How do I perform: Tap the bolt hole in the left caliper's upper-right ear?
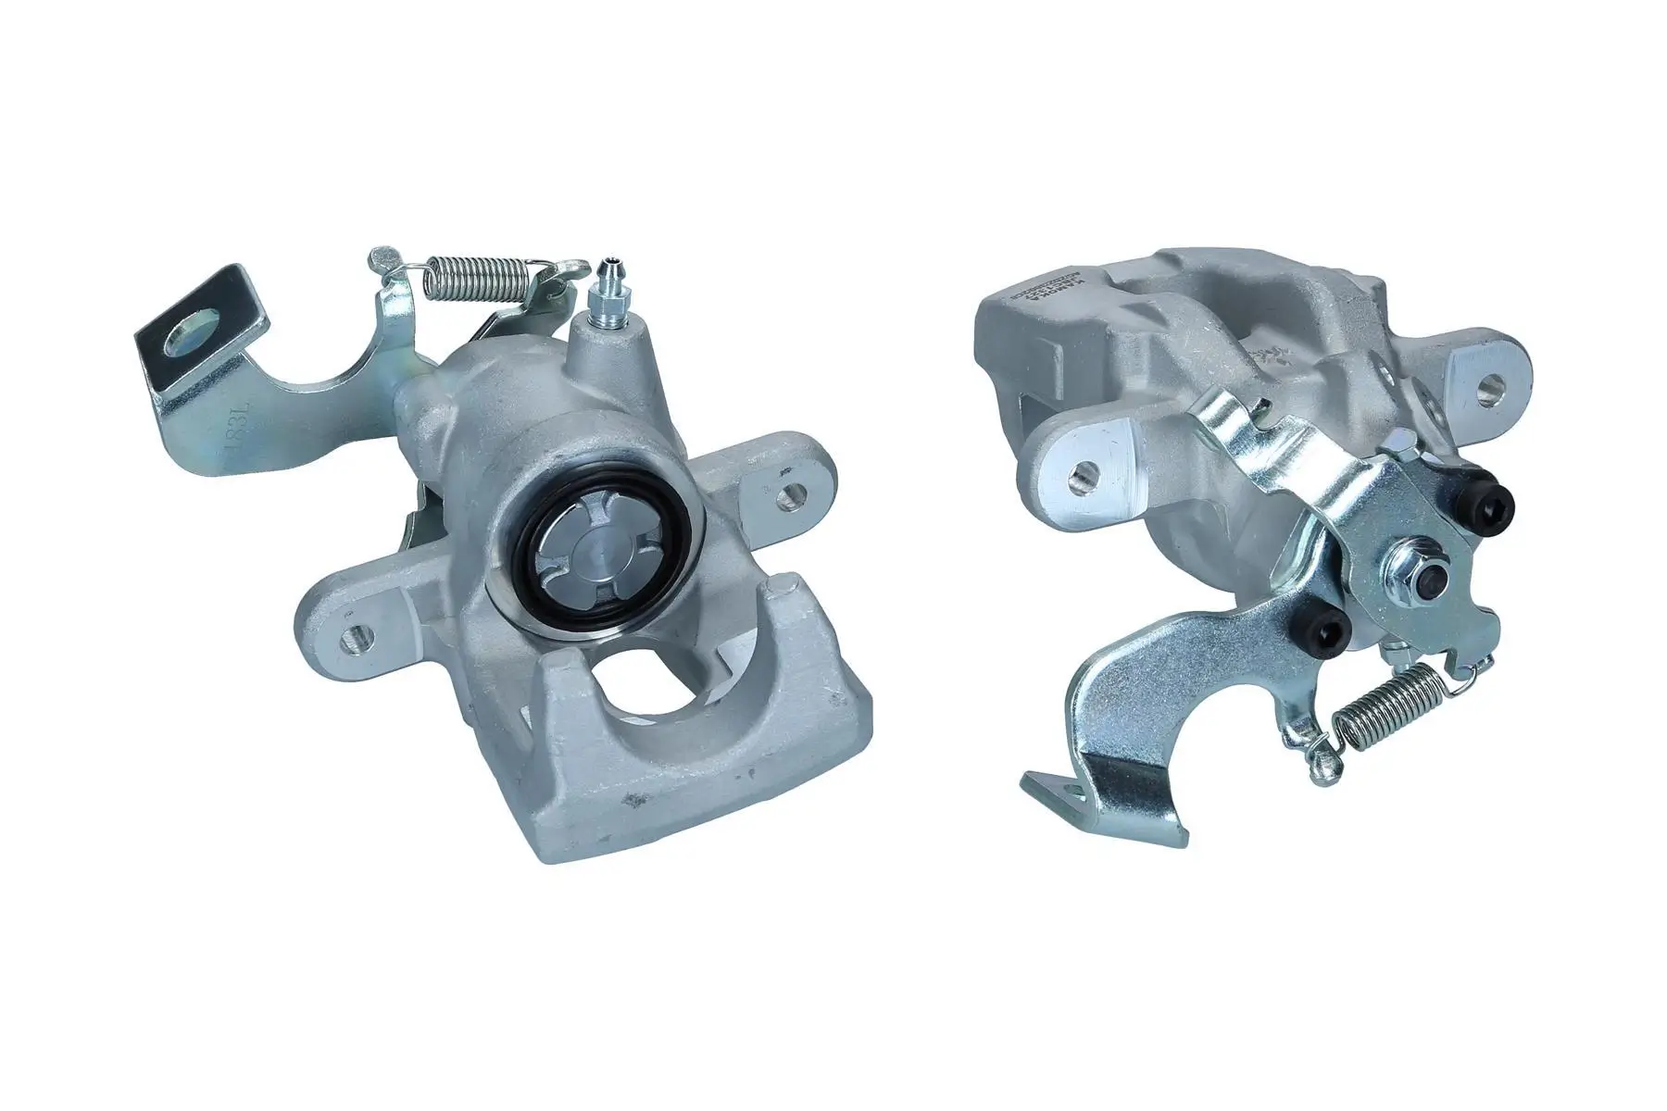[788, 501]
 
